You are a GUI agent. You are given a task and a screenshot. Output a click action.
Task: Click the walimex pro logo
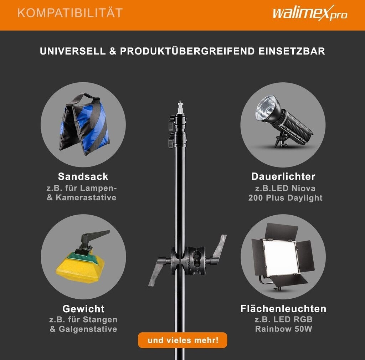pos(310,13)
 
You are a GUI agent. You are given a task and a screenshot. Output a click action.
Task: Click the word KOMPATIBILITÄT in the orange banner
pos(70,13)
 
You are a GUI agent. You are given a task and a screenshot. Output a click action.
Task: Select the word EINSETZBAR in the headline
pos(292,51)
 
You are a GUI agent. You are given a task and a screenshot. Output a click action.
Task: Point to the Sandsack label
pos(83,176)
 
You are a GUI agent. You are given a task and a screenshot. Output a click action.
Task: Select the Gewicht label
pos(83,309)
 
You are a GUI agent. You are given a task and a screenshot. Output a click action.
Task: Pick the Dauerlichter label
pos(283,176)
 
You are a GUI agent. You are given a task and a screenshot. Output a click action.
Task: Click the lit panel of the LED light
pos(280,257)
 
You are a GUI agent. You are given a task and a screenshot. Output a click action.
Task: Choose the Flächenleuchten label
pos(283,309)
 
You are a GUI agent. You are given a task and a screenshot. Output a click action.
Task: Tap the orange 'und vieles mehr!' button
pos(182,340)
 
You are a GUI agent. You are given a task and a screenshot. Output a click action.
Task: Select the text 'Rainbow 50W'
pos(283,329)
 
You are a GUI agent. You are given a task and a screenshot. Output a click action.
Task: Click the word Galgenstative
pos(88,329)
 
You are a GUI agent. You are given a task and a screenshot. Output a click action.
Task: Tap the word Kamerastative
pos(86,197)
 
